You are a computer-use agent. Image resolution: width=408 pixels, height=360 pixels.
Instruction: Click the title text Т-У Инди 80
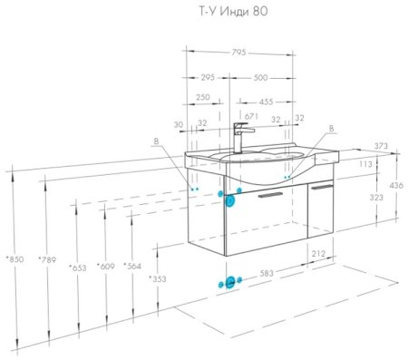click(233, 12)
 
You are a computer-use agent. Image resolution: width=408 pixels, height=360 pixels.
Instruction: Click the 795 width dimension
click(238, 53)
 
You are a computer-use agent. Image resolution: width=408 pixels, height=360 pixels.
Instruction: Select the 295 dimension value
click(208, 77)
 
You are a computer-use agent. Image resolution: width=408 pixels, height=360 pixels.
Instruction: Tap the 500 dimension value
click(260, 78)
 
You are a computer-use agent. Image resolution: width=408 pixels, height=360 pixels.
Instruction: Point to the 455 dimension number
click(266, 102)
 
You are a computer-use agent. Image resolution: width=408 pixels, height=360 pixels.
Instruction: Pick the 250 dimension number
click(203, 97)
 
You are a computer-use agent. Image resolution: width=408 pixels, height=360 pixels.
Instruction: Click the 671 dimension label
click(251, 116)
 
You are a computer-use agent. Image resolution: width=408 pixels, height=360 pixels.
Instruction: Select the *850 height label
click(15, 259)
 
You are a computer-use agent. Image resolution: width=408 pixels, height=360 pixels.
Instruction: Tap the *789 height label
click(47, 259)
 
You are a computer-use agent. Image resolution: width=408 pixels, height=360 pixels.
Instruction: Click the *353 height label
click(158, 278)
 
